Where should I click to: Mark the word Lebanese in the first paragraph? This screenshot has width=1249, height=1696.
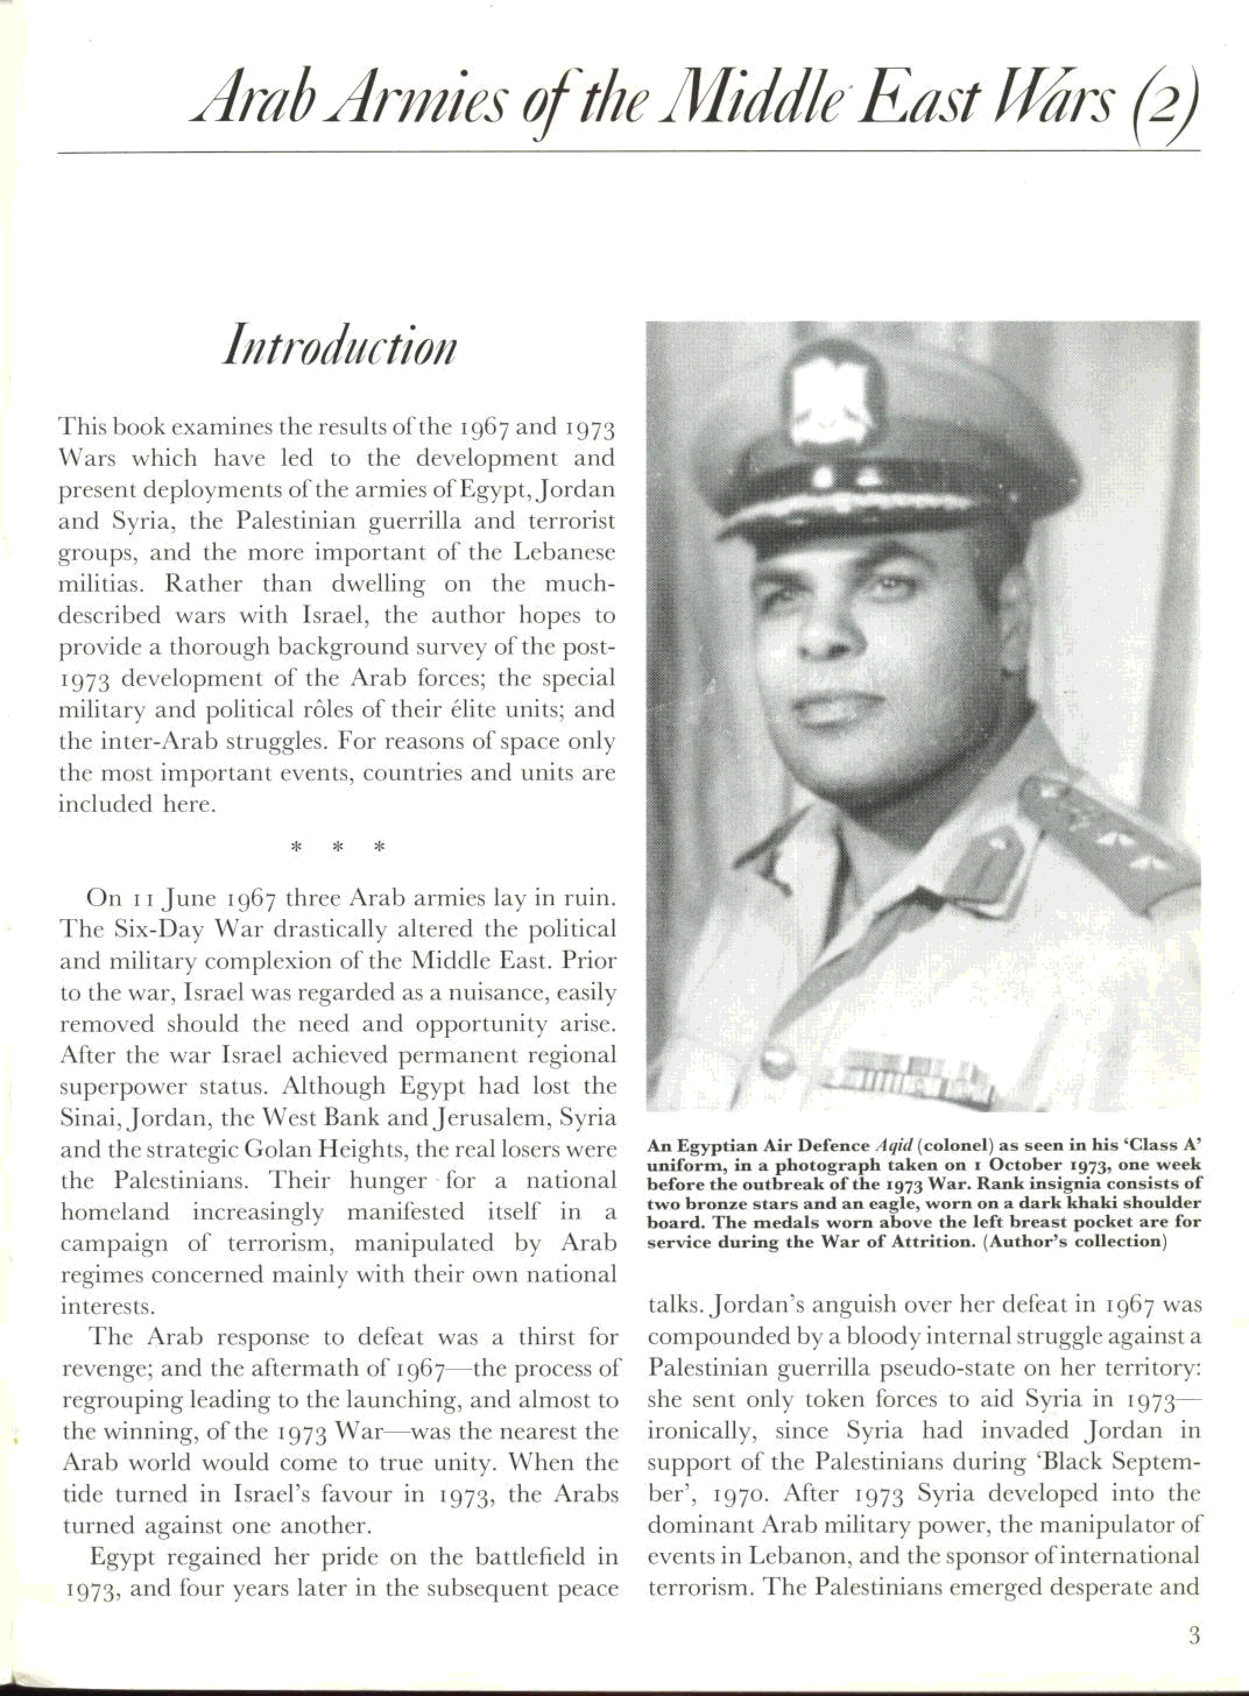564,553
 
